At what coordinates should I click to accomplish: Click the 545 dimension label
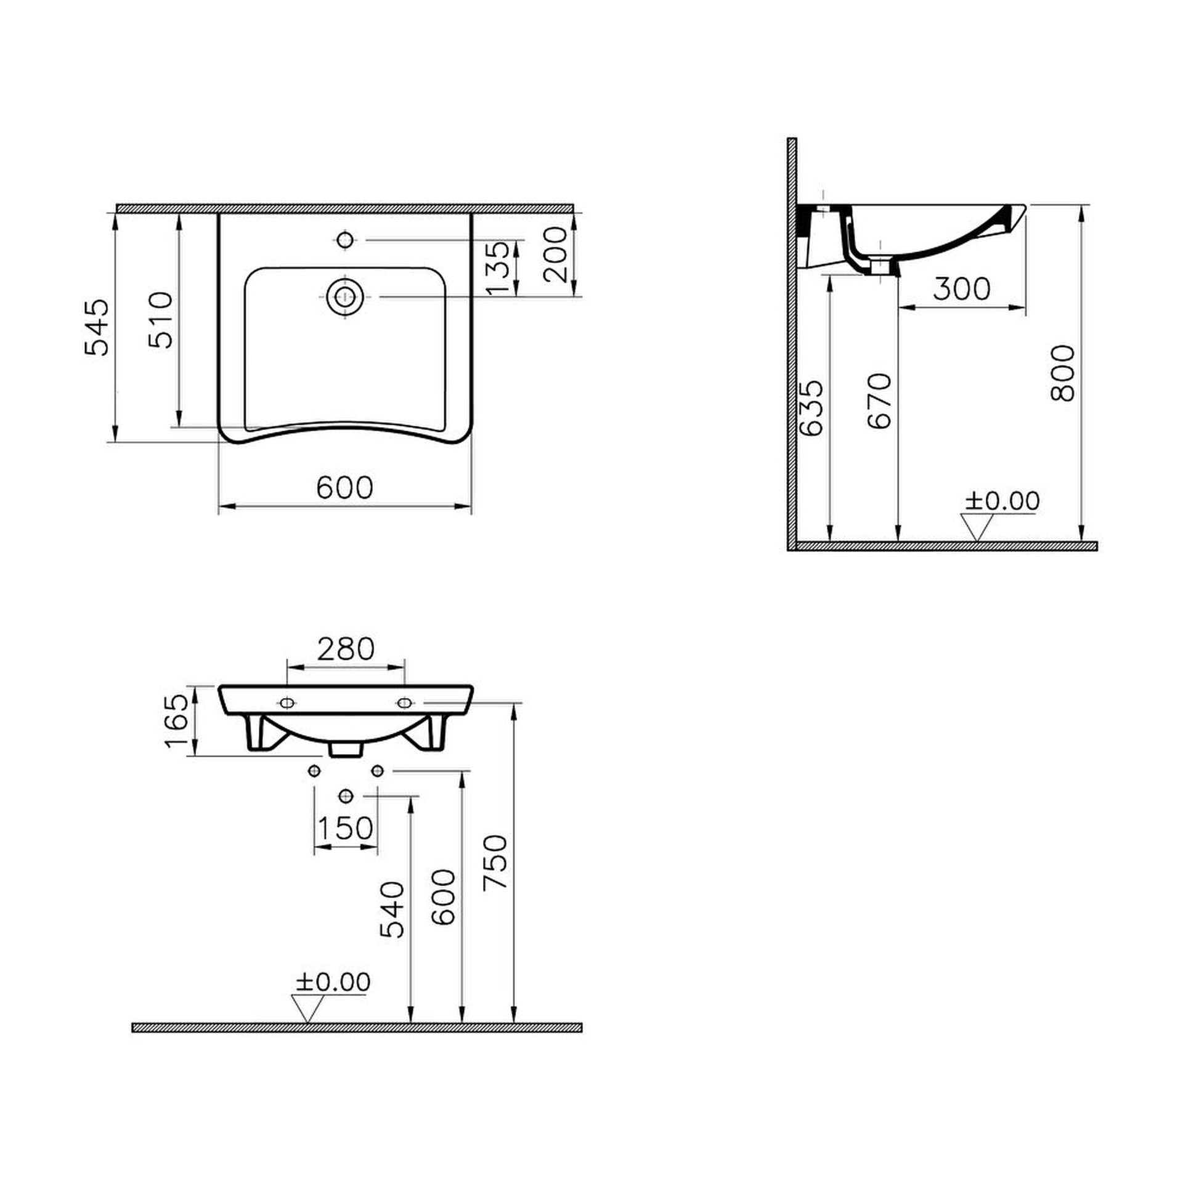click(97, 327)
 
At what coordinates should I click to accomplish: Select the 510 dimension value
click(162, 320)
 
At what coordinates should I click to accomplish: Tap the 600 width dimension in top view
click(345, 487)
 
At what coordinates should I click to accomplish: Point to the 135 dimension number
click(498, 267)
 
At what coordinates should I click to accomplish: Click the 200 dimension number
click(555, 254)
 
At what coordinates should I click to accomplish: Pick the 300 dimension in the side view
click(962, 288)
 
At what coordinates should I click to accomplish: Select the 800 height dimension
click(1062, 373)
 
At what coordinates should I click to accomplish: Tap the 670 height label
click(879, 400)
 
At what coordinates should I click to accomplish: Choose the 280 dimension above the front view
click(346, 649)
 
